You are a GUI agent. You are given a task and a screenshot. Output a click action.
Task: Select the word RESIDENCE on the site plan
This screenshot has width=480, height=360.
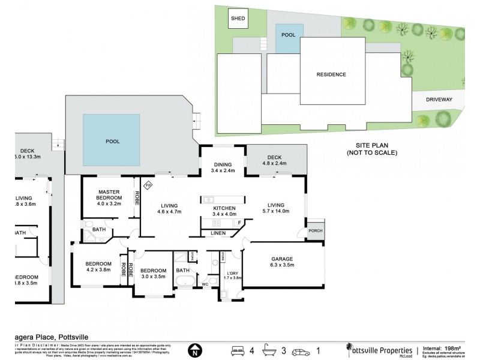click(331, 74)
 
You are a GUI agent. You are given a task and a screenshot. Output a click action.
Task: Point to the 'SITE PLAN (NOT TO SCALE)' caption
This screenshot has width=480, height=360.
click(372, 148)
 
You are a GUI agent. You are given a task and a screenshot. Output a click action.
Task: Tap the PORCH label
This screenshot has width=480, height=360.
click(314, 232)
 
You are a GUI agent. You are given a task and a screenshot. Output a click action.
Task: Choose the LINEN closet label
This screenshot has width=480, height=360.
click(218, 233)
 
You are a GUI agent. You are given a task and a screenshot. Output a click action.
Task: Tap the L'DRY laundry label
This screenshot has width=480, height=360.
click(232, 275)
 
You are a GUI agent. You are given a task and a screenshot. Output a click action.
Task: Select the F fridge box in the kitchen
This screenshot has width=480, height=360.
click(240, 223)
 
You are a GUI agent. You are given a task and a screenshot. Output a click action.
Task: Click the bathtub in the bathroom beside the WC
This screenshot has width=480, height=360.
click(183, 282)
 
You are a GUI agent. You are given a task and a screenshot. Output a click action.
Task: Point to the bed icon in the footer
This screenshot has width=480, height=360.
click(238, 349)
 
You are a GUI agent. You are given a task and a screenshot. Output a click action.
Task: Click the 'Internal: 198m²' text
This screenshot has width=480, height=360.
click(441, 347)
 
